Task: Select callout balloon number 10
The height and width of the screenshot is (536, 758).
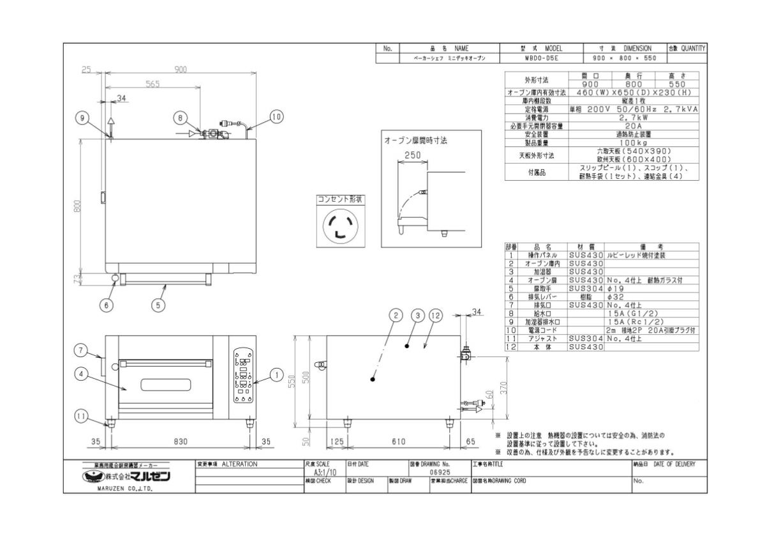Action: click(276, 117)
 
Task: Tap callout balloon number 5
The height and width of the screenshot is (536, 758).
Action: click(158, 305)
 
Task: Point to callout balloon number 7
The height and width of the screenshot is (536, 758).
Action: click(81, 349)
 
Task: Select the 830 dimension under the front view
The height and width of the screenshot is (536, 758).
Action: click(181, 441)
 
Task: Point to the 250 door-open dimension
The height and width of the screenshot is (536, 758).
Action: click(412, 155)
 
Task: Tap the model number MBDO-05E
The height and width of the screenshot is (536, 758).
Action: click(542, 57)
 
